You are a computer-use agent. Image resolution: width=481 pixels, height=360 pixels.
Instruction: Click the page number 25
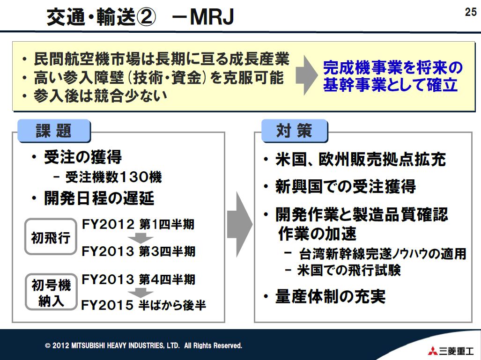click(x=471, y=12)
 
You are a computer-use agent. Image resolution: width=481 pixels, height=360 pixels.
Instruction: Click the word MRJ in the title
click(x=212, y=17)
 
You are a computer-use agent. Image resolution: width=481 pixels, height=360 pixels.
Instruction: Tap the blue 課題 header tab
click(x=54, y=131)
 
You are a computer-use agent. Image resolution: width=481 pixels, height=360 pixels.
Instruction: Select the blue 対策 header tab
click(x=295, y=131)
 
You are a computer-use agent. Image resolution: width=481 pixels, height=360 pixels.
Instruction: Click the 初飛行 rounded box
click(x=51, y=237)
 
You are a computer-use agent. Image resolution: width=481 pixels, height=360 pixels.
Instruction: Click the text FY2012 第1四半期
click(x=138, y=224)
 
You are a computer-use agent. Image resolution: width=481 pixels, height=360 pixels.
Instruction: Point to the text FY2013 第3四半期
click(x=138, y=251)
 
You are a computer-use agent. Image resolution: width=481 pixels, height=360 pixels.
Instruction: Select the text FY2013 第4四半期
click(x=138, y=279)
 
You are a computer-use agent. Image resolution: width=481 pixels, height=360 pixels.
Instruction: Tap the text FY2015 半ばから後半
click(x=143, y=305)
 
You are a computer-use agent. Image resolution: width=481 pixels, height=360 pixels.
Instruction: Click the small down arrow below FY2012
click(x=141, y=238)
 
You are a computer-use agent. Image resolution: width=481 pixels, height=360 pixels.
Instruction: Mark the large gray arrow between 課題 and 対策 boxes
click(x=240, y=224)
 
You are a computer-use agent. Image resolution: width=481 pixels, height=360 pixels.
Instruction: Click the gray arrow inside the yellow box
click(x=306, y=75)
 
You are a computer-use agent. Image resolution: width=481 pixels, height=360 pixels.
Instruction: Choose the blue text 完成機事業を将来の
click(x=392, y=68)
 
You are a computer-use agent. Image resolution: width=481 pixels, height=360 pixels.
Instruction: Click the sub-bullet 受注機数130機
click(x=107, y=177)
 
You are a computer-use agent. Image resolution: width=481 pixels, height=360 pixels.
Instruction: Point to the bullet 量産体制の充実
click(x=325, y=296)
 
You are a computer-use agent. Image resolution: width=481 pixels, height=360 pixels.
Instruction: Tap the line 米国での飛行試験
click(x=343, y=271)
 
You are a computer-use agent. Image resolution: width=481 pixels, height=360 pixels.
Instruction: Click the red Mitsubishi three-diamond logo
click(x=433, y=350)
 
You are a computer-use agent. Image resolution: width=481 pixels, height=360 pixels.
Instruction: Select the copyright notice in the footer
click(x=144, y=345)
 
